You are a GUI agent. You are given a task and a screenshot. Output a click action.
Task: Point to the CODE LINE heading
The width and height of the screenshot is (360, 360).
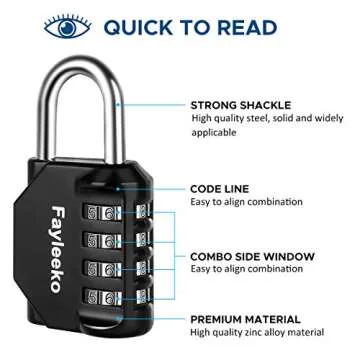tap(219, 188)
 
